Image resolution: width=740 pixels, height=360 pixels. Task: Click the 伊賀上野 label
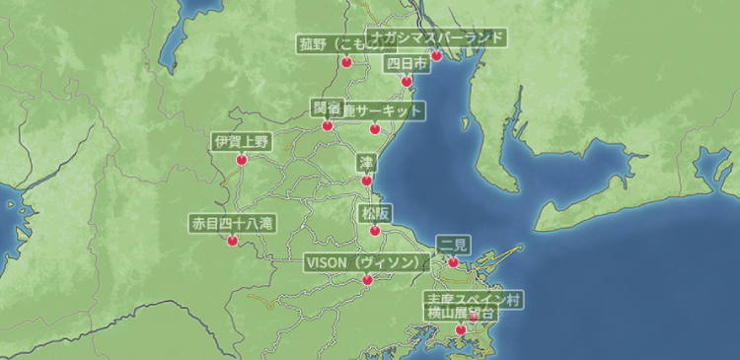click(x=242, y=141)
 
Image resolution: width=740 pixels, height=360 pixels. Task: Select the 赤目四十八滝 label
click(x=233, y=224)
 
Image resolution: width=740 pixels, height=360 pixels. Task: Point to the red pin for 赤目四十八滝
click(x=233, y=240)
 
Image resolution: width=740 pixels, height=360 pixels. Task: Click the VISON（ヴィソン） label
click(x=367, y=263)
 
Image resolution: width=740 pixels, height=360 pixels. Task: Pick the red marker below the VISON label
click(x=367, y=280)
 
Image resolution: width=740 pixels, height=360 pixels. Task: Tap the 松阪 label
click(x=374, y=213)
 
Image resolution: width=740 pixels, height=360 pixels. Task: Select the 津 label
click(x=367, y=163)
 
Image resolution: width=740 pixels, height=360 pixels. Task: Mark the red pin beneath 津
click(x=367, y=180)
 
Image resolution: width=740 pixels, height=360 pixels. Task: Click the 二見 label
click(x=453, y=245)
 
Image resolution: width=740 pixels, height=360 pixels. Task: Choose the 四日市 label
click(x=406, y=63)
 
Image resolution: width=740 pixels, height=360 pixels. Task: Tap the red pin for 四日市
click(x=406, y=80)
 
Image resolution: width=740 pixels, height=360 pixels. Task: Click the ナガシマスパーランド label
click(x=437, y=38)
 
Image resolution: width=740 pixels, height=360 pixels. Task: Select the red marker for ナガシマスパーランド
click(x=437, y=55)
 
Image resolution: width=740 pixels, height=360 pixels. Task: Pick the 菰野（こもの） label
click(x=345, y=44)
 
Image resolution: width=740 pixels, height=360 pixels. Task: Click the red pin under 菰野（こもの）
click(x=346, y=61)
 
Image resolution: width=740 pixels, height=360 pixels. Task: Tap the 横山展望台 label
click(x=461, y=313)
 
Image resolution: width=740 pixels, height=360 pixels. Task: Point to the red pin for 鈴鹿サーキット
click(x=374, y=128)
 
